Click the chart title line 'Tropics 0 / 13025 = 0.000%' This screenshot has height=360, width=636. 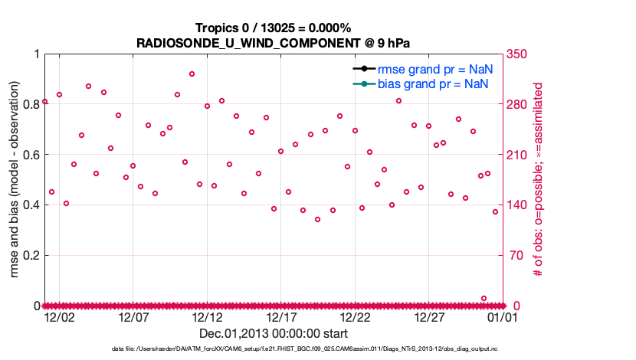tap(273, 28)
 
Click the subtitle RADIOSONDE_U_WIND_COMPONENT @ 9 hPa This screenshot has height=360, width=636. tap(273, 42)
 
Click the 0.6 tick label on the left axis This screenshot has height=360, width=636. tap(30, 155)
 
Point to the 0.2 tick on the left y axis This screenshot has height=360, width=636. tap(30, 255)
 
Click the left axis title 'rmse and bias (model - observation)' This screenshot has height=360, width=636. tap(14, 179)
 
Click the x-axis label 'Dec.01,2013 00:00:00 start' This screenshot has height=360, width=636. tap(273, 333)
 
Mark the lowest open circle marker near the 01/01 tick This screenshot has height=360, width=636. tap(484, 298)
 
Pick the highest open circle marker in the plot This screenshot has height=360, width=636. tap(192, 74)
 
